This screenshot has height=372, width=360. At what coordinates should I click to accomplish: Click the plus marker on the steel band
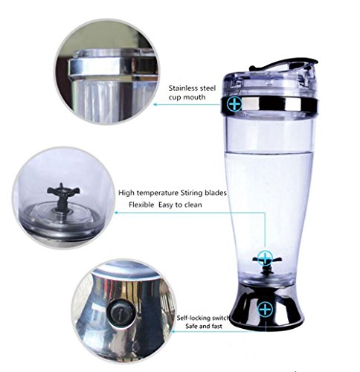click(x=235, y=104)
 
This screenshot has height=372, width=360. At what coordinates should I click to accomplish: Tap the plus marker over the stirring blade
click(x=266, y=258)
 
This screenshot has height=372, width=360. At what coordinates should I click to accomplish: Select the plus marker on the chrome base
click(x=266, y=309)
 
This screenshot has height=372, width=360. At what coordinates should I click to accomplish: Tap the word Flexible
click(x=141, y=205)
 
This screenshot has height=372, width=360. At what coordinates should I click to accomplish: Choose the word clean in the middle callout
click(x=193, y=205)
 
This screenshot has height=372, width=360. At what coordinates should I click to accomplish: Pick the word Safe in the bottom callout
click(x=193, y=326)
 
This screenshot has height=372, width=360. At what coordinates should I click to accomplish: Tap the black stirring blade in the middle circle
click(x=63, y=196)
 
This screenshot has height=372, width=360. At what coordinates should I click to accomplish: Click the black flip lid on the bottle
click(x=283, y=64)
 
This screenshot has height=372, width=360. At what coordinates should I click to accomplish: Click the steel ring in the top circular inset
click(x=113, y=66)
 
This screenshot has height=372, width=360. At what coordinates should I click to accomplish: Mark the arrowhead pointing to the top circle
click(x=155, y=104)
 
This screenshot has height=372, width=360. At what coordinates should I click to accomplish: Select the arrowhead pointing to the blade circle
click(x=116, y=213)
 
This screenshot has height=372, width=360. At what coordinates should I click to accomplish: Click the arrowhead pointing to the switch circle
click(x=173, y=331)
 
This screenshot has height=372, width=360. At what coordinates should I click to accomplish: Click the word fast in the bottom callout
click(x=216, y=326)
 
